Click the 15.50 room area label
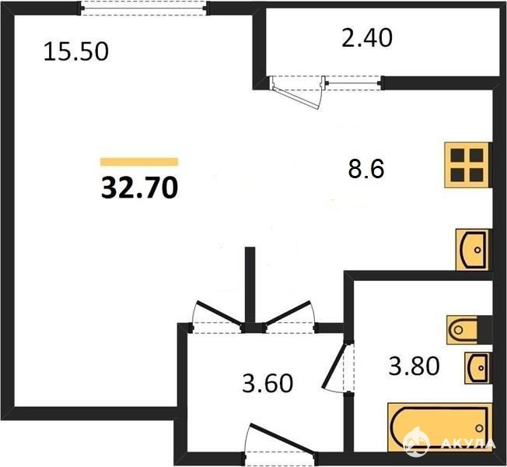pyautogui.click(x=76, y=52)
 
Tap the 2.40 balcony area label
pyautogui.click(x=367, y=38)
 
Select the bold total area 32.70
pyautogui.click(x=139, y=188)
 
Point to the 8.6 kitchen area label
pyautogui.click(x=366, y=169)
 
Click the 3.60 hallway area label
pyautogui.click(x=267, y=383)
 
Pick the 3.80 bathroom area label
pyautogui.click(x=414, y=366)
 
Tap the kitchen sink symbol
pyautogui.click(x=474, y=250)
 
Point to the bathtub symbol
pyautogui.click(x=439, y=427)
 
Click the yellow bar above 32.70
pyautogui.click(x=139, y=161)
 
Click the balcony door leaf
pyautogui.click(x=295, y=97)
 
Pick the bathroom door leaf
pyautogui.click(x=334, y=366)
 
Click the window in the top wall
pyautogui.click(x=144, y=8)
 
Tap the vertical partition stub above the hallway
pyautogui.click(x=250, y=285)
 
